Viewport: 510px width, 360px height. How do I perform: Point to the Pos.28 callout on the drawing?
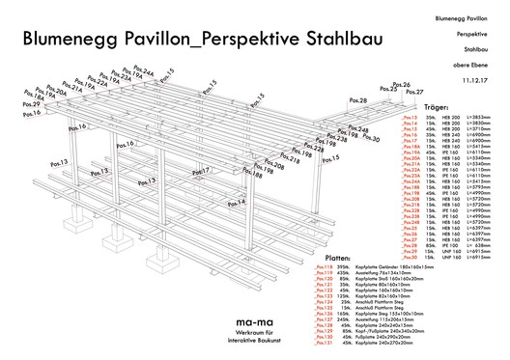357,99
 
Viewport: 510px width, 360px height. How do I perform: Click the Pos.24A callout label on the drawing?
143,72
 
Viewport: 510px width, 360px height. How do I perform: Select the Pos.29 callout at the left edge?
30,104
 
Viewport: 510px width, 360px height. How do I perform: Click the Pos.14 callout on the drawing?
237,203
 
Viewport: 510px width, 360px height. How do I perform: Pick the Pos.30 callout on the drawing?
370,139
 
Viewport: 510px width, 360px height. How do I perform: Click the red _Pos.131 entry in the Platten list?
291,342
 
